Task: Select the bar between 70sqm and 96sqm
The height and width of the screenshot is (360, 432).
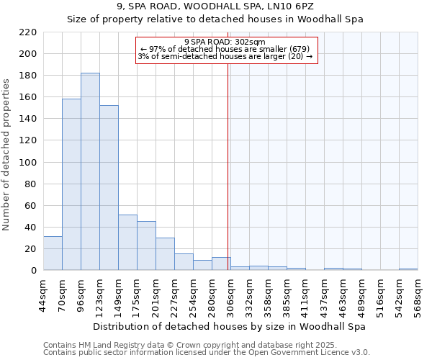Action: pos(71,184)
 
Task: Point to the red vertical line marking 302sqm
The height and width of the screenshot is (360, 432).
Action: pos(228,166)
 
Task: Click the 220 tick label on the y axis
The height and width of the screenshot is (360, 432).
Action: pos(28,32)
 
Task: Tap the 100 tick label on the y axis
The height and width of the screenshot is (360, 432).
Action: pos(28,163)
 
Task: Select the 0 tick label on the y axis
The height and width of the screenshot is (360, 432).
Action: pos(33,271)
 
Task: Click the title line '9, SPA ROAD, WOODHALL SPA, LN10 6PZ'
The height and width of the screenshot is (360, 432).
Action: pos(215,6)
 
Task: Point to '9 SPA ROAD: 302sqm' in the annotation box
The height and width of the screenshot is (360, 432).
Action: pos(225,42)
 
